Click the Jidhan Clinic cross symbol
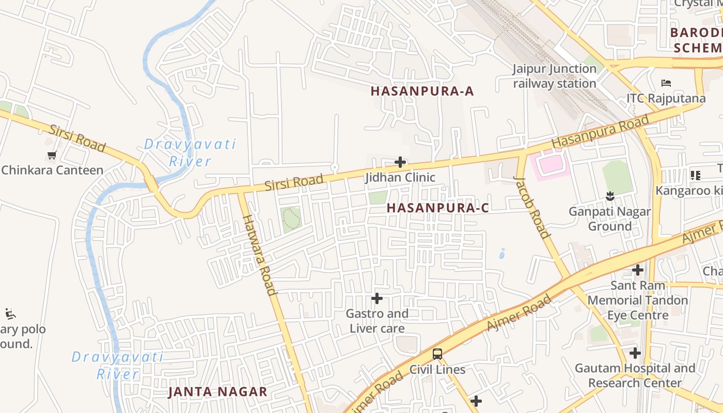click(x=400, y=162)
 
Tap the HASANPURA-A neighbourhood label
click(x=422, y=91)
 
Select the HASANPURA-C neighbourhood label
click(x=437, y=208)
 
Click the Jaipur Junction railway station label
click(x=554, y=76)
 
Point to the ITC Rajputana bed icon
click(x=666, y=83)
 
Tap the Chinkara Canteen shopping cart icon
click(x=52, y=155)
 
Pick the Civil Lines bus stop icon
click(x=437, y=354)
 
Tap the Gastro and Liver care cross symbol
click(x=377, y=298)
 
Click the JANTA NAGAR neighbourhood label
click(x=217, y=392)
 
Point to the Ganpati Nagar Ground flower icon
click(x=610, y=196)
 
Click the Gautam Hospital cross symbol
click(x=635, y=353)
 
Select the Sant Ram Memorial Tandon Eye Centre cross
click(x=638, y=269)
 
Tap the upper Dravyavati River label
click(x=190, y=152)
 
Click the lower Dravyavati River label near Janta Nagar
click(x=117, y=365)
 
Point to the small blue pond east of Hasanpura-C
click(x=502, y=254)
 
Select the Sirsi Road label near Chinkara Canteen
click(x=76, y=138)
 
